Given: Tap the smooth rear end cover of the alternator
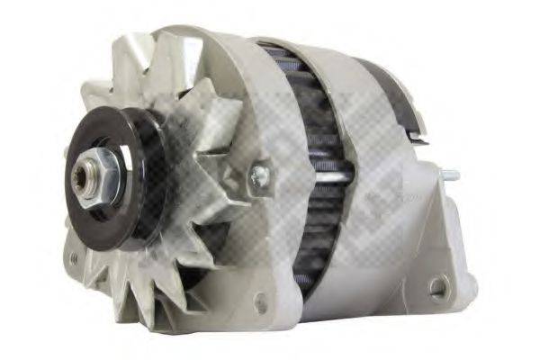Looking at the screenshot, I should pos(396,207).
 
